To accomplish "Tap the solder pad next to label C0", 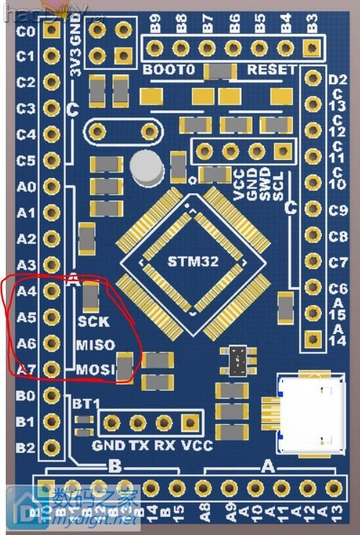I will tap(51, 32).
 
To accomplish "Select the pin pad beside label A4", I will tap(51, 291).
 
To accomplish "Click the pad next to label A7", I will tap(51, 369).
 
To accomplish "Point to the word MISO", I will tap(95, 345).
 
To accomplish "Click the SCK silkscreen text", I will tap(93, 322).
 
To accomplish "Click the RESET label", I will tap(271, 70).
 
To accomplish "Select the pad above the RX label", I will tap(162, 422).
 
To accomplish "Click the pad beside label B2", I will tap(51, 447).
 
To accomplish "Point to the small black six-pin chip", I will tap(237, 357).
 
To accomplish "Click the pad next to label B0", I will tap(51, 395).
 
